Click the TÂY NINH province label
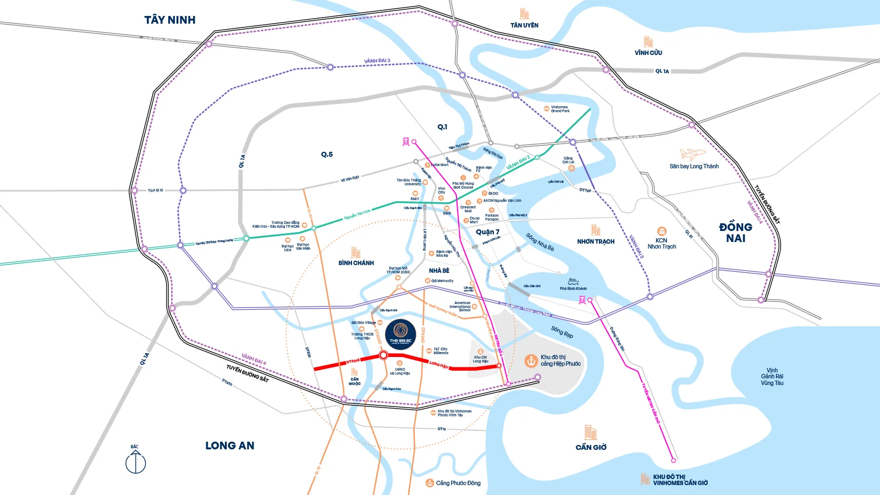click(x=170, y=20)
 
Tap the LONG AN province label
click(x=230, y=446)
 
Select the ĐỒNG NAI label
click(x=735, y=233)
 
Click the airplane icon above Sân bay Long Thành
click(x=692, y=153)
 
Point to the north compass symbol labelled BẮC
click(x=135, y=461)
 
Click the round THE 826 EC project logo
click(x=400, y=334)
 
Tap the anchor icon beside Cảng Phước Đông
click(x=430, y=483)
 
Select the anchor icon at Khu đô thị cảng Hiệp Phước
click(x=531, y=361)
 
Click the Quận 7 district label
click(x=487, y=232)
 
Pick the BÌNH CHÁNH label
click(x=356, y=263)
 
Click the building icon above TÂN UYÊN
click(x=524, y=14)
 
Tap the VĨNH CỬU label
click(x=648, y=53)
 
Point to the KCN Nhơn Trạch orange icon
click(x=662, y=232)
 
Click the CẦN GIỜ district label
click(x=591, y=447)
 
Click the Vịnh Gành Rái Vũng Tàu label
click(x=772, y=377)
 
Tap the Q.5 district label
click(x=327, y=155)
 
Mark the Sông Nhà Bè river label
click(x=540, y=242)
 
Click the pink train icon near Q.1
click(x=406, y=141)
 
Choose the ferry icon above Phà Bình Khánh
click(x=573, y=281)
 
